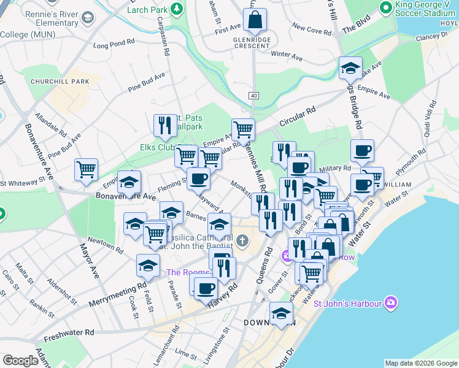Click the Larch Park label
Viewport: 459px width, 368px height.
[x=147, y=10]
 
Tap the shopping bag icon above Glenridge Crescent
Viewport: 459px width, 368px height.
[x=255, y=20]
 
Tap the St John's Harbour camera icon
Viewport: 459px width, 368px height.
[x=391, y=302]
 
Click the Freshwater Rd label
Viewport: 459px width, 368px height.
[x=72, y=332]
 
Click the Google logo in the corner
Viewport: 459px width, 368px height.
[x=20, y=361]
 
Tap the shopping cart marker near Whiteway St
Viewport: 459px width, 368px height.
[x=86, y=169]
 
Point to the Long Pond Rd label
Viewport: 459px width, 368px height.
[x=114, y=44]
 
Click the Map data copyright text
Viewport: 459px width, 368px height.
[x=421, y=363]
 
